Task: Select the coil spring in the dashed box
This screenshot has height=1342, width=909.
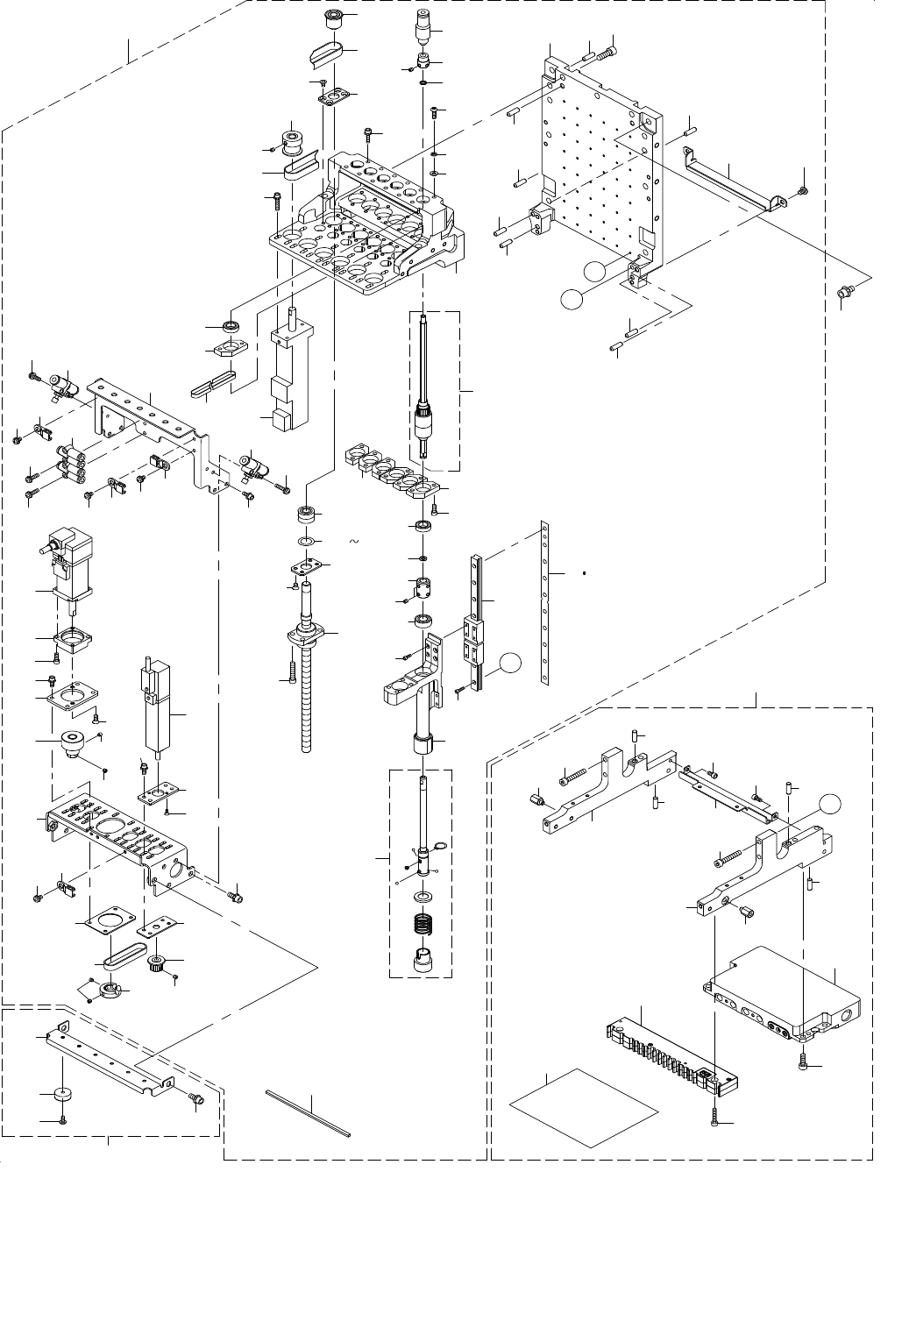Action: click(x=424, y=924)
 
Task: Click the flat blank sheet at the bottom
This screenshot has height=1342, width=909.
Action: click(x=584, y=1106)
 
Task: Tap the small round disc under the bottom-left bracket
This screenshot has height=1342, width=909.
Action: click(x=62, y=1095)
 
